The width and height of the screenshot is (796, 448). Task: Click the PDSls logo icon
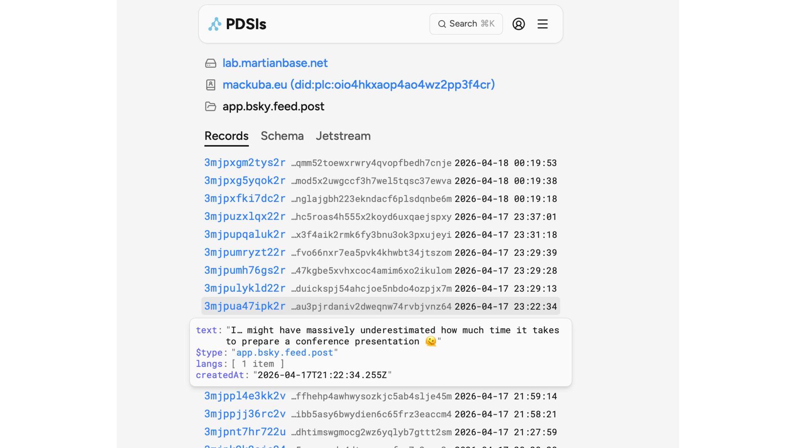click(215, 24)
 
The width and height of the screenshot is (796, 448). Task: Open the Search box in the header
click(466, 24)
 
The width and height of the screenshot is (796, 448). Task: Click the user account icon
click(518, 24)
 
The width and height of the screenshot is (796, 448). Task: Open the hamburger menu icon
click(542, 24)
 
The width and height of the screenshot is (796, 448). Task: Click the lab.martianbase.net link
click(275, 63)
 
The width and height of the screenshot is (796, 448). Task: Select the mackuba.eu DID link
click(359, 85)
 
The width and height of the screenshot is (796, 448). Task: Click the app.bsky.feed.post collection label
click(273, 107)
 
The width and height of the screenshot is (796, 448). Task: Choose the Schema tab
click(282, 136)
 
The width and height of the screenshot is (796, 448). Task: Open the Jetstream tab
click(343, 136)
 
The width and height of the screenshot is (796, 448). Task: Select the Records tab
click(226, 136)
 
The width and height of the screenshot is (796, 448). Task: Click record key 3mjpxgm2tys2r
click(245, 163)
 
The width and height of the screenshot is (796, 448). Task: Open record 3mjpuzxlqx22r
click(245, 217)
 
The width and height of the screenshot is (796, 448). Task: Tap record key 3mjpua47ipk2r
click(245, 306)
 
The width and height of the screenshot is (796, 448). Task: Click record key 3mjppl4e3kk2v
click(245, 396)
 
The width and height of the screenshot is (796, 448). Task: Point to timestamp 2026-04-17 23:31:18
click(505, 235)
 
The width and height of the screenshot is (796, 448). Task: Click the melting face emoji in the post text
click(431, 341)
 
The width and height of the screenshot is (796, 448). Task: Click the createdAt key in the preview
click(220, 375)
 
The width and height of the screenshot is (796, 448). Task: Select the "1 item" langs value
click(258, 364)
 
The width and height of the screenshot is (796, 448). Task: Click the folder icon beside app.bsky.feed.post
click(211, 107)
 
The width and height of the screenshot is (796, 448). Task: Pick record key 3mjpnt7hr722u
click(245, 432)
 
